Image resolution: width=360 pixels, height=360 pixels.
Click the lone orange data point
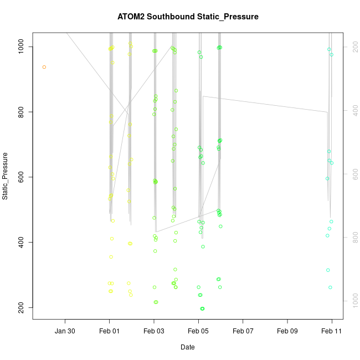(44, 67)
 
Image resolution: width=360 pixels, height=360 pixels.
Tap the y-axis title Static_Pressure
(6, 176)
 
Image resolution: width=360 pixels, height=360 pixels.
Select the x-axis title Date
(187, 347)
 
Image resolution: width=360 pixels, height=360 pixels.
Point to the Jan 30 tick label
(65, 331)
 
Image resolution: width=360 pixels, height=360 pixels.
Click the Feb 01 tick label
(110, 331)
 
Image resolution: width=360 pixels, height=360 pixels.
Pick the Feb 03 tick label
(154, 331)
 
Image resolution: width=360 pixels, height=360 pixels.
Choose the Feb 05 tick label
(199, 331)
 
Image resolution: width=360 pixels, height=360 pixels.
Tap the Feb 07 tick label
(243, 331)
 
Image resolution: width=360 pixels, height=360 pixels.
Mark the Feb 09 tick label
(287, 331)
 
